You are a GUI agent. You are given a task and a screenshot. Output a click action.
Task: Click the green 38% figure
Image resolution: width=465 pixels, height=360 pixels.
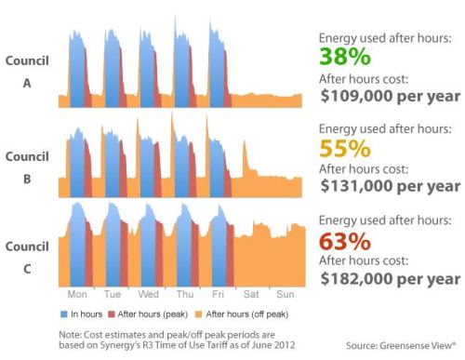click(345, 57)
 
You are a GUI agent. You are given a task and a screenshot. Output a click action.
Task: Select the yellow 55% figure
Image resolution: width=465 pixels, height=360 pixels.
click(345, 148)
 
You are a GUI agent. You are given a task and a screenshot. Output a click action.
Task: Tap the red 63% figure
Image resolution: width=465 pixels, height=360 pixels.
click(345, 241)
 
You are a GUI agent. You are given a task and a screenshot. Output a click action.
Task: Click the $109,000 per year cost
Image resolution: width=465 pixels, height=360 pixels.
click(391, 96)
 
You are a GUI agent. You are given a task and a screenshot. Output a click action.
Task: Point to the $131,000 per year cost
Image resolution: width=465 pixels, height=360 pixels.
click(391, 186)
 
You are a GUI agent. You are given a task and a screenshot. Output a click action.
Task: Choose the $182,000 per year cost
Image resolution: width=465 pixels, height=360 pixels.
click(391, 279)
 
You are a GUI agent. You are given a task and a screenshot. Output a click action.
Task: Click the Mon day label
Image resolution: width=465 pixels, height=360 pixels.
click(77, 294)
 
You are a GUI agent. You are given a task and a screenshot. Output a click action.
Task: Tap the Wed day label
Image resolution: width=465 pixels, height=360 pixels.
click(148, 294)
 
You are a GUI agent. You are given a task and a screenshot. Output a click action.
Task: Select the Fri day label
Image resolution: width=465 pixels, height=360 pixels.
click(218, 294)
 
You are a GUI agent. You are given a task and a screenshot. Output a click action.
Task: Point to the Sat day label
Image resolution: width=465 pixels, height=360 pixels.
click(251, 294)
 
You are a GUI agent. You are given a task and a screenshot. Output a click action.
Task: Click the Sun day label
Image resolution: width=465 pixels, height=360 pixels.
click(285, 294)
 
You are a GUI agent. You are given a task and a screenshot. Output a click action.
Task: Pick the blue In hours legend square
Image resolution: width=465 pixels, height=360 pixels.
click(64, 314)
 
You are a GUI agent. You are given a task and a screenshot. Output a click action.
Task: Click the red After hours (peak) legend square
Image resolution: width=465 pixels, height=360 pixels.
click(112, 314)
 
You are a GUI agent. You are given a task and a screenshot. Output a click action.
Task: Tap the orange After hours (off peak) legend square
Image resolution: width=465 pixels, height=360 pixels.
click(198, 314)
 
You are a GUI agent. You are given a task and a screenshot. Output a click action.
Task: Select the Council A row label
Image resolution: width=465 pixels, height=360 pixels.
click(27, 72)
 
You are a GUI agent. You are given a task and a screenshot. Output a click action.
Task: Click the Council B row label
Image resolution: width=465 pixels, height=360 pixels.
click(27, 167)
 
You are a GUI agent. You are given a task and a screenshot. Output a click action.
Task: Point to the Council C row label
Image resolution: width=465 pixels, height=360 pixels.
click(27, 258)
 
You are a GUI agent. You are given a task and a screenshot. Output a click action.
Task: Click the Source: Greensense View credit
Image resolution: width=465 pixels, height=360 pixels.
click(401, 346)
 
